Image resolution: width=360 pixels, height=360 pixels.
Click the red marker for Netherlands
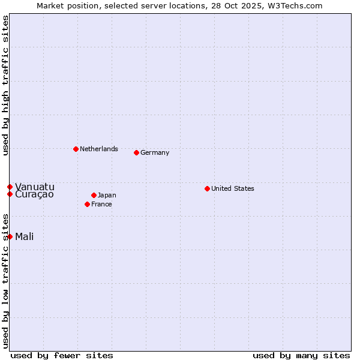click(x=76, y=149)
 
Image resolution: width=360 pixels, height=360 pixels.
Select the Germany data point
click(x=136, y=152)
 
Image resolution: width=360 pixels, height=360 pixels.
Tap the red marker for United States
click(x=207, y=188)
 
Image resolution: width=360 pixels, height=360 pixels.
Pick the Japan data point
click(x=94, y=195)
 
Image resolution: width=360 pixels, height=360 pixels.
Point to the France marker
click(x=87, y=204)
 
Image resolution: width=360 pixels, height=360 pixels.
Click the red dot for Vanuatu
click(x=10, y=187)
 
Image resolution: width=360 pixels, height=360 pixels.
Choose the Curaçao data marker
click(x=10, y=194)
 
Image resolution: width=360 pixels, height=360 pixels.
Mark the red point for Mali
click(x=10, y=236)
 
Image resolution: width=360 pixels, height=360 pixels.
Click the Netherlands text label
click(x=98, y=149)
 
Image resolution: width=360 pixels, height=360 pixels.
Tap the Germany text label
click(x=155, y=152)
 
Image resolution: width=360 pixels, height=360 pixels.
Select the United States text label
click(x=232, y=188)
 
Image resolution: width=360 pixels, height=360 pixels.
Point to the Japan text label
click(x=107, y=195)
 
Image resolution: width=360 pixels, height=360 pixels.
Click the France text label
click(x=101, y=204)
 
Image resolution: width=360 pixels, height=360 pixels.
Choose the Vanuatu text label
click(x=34, y=187)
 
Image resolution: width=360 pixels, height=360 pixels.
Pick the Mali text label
click(x=24, y=236)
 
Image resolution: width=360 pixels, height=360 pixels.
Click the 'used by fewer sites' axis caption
click(x=62, y=355)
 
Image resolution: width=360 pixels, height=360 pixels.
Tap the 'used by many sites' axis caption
click(x=301, y=355)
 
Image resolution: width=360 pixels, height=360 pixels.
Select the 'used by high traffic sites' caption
click(x=5, y=85)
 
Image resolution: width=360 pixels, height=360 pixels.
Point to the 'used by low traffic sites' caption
click(x=5, y=281)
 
